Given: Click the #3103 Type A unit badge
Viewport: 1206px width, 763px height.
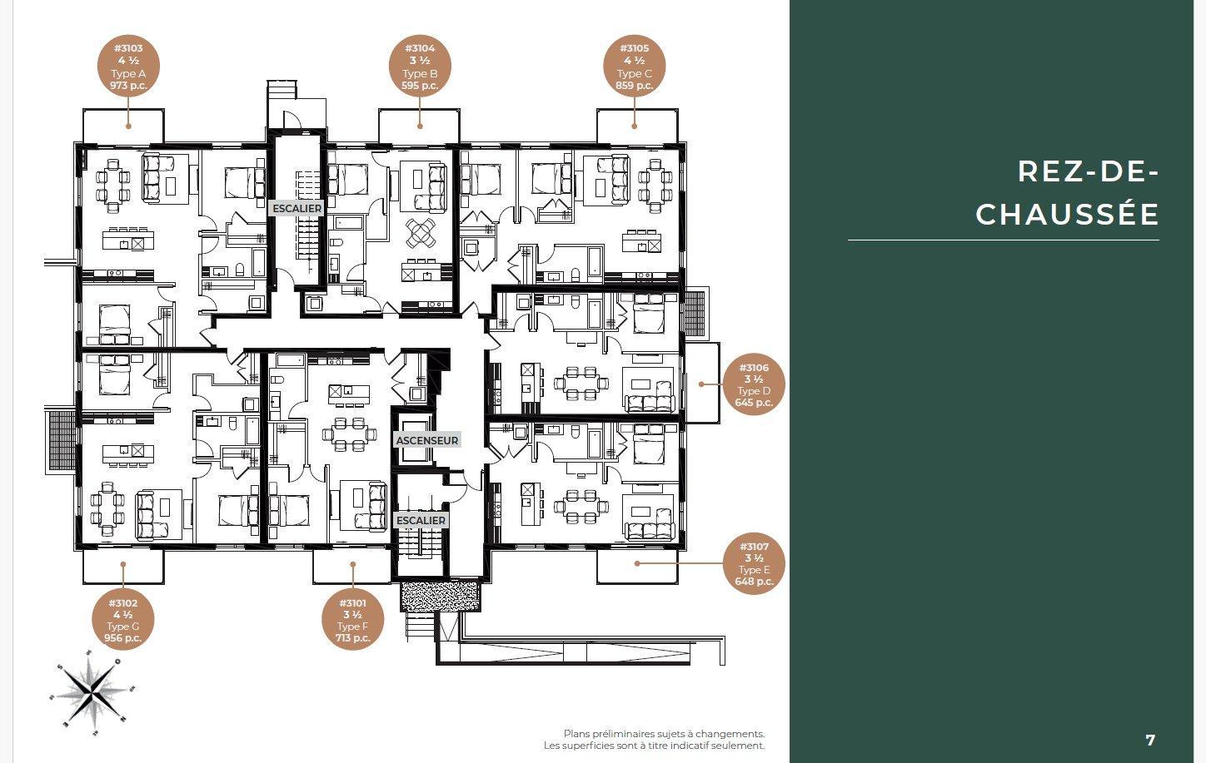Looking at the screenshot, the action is [128, 66].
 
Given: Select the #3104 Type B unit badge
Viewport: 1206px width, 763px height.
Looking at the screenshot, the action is [420, 66].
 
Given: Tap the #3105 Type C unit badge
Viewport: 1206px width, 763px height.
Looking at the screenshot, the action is [634, 66].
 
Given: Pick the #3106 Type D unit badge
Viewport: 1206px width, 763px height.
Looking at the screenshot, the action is [754, 384].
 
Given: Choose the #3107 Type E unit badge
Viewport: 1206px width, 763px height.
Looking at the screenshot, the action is [754, 563].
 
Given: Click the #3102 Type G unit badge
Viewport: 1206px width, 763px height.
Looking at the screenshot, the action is [122, 620].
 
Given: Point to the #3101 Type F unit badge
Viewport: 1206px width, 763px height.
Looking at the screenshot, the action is [352, 620].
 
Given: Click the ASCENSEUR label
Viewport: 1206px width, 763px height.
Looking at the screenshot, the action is [427, 440].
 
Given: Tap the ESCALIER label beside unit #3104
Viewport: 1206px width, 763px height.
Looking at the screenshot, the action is [297, 208].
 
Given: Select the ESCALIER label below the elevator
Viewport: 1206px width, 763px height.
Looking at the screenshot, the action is [421, 521].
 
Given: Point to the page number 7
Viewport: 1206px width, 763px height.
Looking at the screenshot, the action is [1150, 741].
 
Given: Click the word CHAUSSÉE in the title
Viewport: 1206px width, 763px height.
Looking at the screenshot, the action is [1067, 214].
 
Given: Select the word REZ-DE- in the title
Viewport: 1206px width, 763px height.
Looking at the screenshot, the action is [1088, 171].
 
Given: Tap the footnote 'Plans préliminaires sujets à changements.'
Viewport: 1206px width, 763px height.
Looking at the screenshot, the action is [664, 733].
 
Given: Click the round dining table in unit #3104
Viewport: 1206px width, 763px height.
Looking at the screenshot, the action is [421, 233].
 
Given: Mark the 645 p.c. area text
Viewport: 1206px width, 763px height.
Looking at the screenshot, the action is [754, 402].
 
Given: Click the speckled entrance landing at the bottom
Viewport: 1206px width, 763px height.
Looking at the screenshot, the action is [441, 595].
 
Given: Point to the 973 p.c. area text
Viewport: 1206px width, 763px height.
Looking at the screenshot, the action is [128, 86].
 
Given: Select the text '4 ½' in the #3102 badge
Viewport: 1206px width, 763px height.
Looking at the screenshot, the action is [122, 615].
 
